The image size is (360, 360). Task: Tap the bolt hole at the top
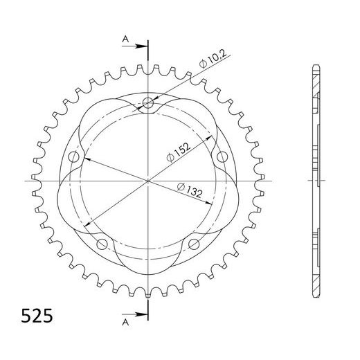[147, 105]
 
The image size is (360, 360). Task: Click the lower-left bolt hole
[102, 243]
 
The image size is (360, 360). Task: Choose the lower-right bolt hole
[193, 243]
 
